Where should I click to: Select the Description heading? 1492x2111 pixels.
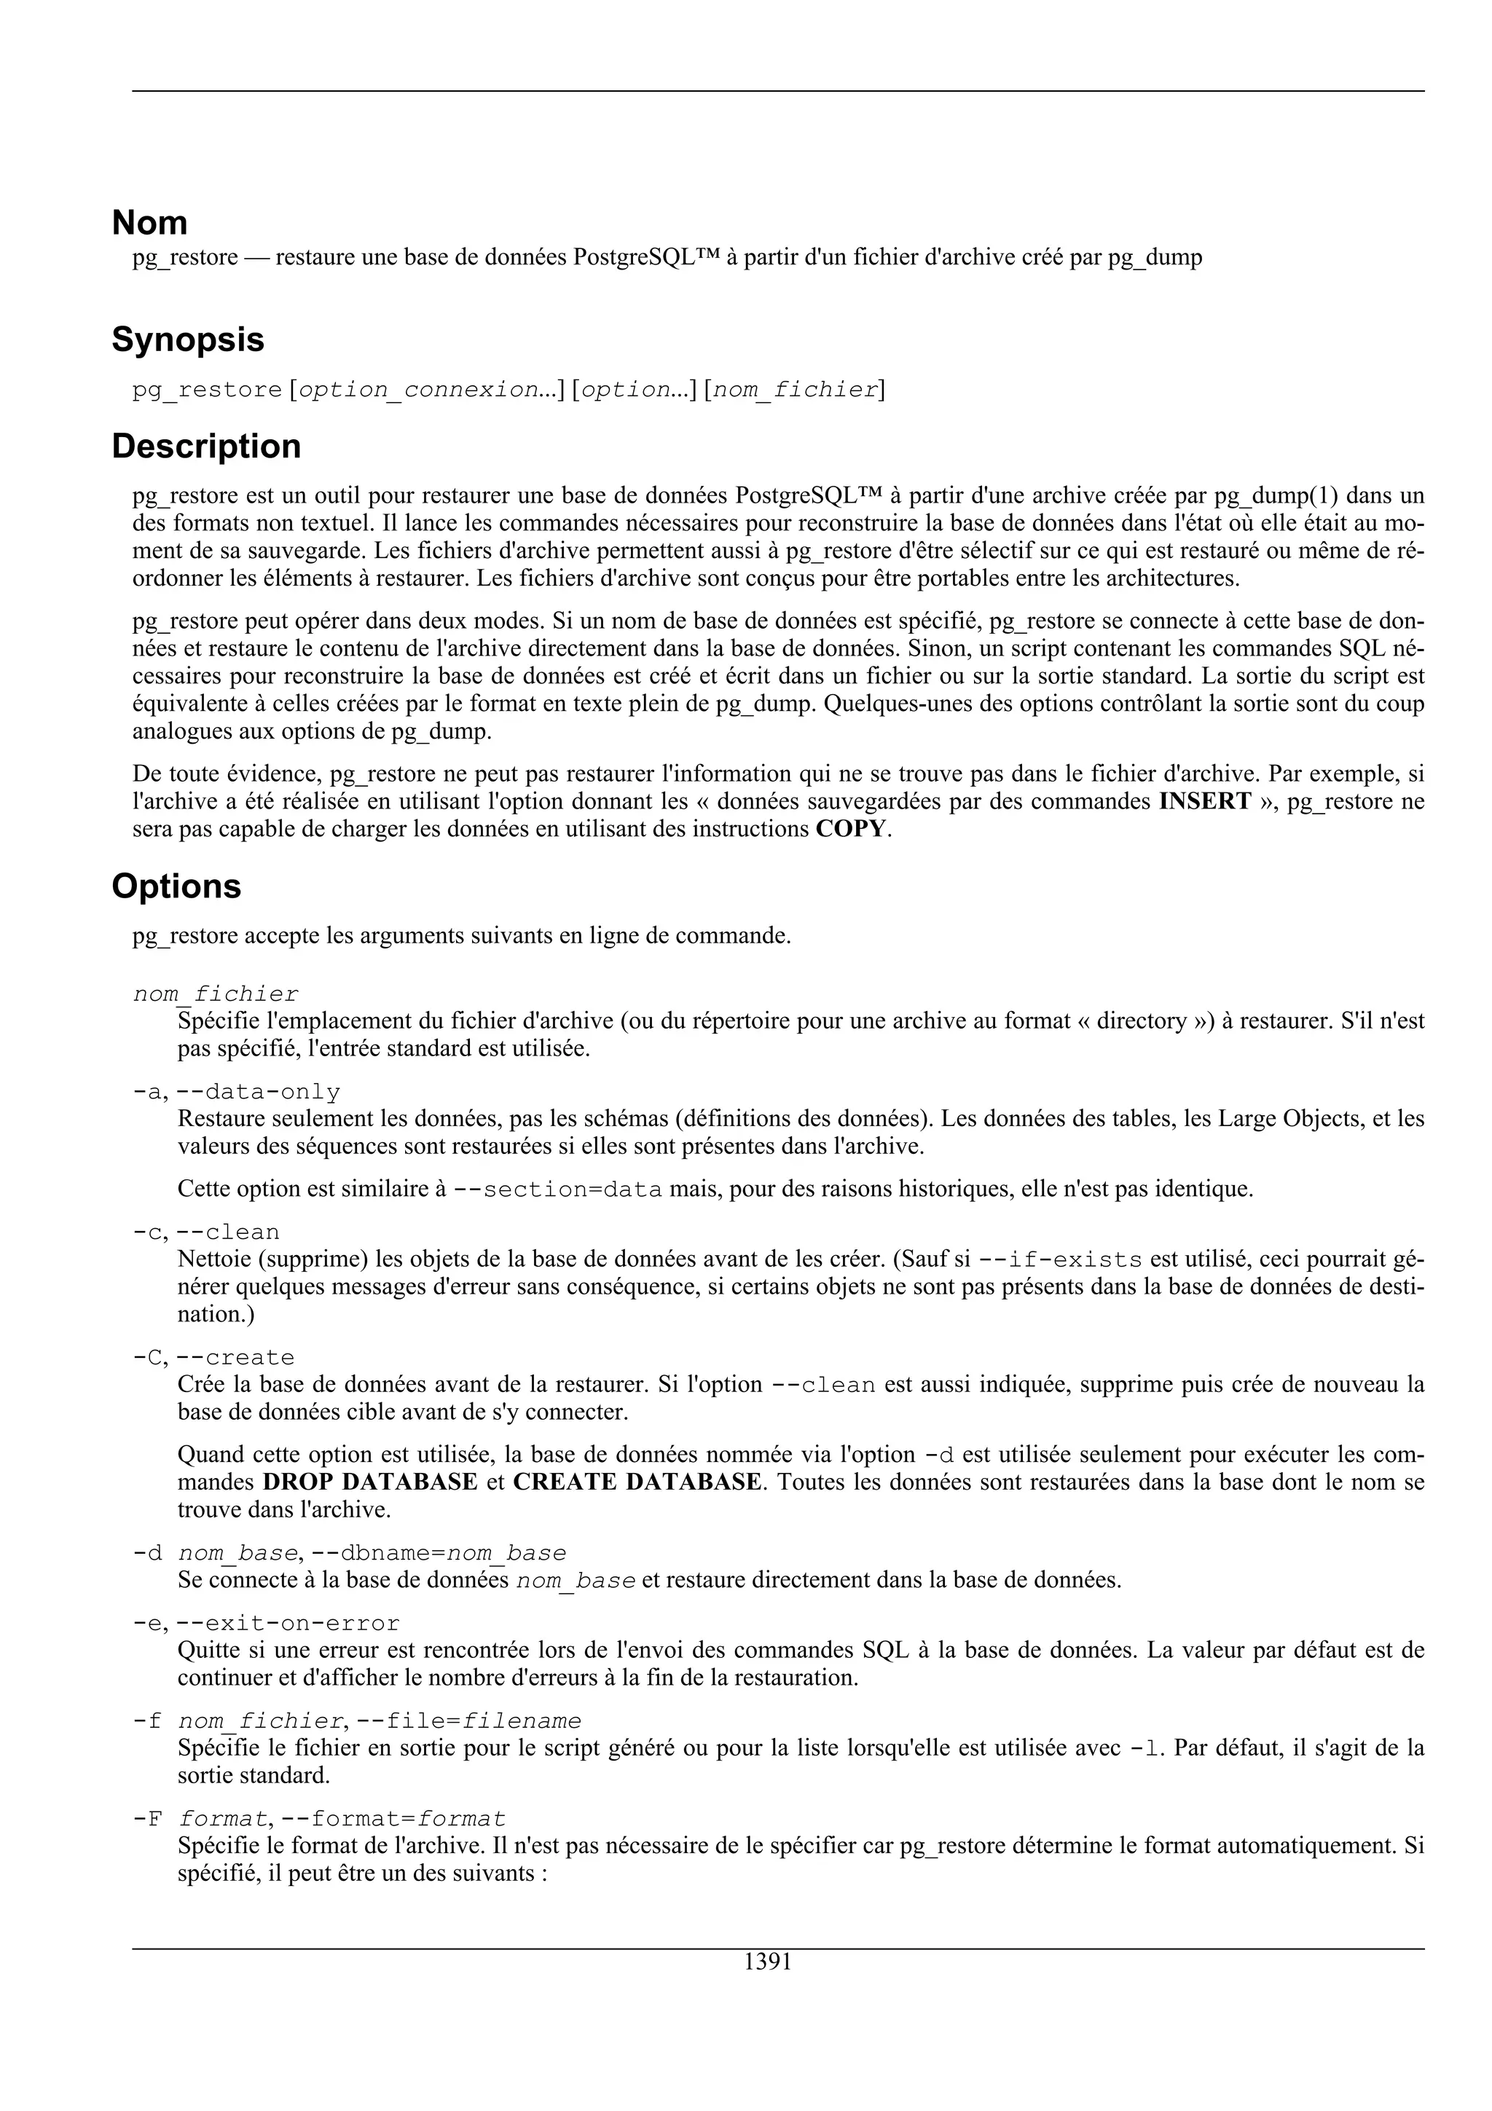pyautogui.click(x=206, y=447)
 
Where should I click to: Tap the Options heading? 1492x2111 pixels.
pyautogui.click(x=176, y=887)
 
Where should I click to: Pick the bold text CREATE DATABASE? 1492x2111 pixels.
pyautogui.click(x=637, y=1482)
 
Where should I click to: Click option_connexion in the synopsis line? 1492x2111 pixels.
pyautogui.click(x=418, y=390)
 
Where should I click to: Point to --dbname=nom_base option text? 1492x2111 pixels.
pyautogui.click(x=439, y=1553)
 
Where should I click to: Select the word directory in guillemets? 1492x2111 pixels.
pyautogui.click(x=1141, y=1021)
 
